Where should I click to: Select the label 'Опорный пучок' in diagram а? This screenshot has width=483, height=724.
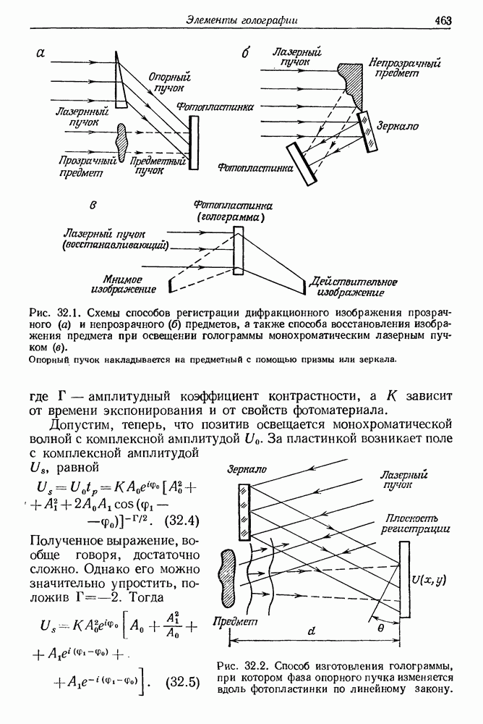(x=168, y=83)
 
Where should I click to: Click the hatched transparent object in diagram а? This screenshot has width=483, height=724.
(x=121, y=142)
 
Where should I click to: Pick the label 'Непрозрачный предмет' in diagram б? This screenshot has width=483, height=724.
(x=404, y=69)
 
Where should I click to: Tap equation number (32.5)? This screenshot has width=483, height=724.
(x=182, y=681)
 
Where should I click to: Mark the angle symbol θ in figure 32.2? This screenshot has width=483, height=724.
(x=381, y=628)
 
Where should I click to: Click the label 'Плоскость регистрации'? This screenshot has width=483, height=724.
(x=416, y=522)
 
